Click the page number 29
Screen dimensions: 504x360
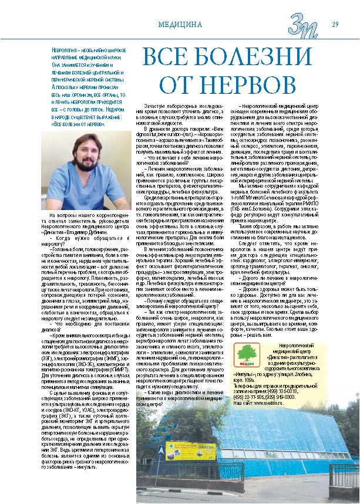pos(335,24)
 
